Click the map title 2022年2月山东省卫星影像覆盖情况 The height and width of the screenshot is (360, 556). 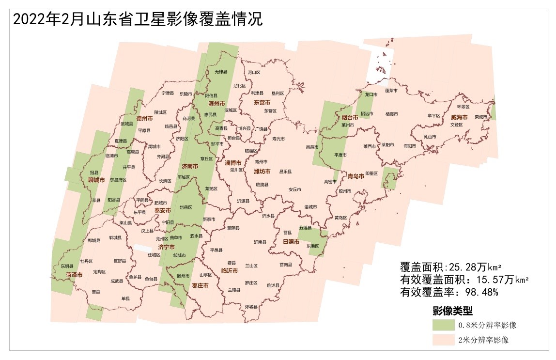click(x=138, y=19)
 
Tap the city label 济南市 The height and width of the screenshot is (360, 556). click(x=189, y=166)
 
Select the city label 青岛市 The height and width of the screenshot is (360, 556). click(x=356, y=176)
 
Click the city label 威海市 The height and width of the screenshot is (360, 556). click(x=459, y=117)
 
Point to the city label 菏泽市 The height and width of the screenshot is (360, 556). click(x=74, y=275)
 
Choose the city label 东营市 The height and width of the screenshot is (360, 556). click(x=262, y=102)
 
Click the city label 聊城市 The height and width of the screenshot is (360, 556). click(x=96, y=180)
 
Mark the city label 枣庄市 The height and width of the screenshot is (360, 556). click(x=201, y=285)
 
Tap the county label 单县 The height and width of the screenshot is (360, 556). click(x=126, y=298)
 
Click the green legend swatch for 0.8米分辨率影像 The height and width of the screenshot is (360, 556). click(x=444, y=324)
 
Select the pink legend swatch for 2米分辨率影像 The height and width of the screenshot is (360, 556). click(x=444, y=339)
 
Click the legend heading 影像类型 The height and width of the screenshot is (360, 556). click(x=452, y=310)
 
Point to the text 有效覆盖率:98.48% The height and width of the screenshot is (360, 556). click(x=449, y=292)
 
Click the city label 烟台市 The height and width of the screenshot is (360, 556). click(x=349, y=117)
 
